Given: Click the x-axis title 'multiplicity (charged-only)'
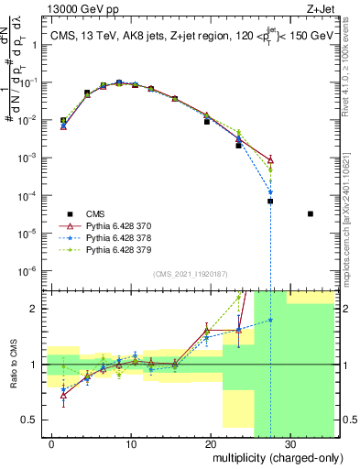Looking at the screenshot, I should point(273,455).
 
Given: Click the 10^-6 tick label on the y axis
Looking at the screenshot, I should point(30,270).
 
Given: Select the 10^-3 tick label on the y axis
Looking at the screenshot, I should point(30,158).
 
